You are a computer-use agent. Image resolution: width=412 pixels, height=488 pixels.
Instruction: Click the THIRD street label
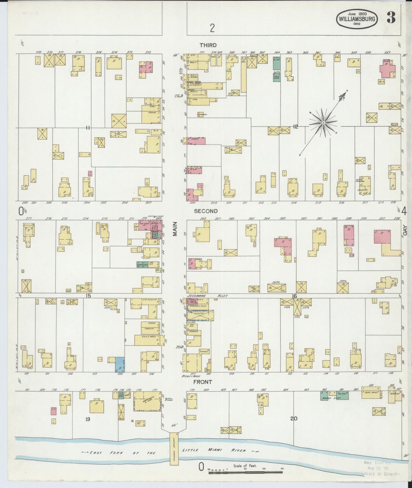tap(208, 45)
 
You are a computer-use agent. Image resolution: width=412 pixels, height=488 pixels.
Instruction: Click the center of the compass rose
tap(323, 123)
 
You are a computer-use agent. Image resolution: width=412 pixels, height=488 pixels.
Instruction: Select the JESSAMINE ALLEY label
tap(208, 296)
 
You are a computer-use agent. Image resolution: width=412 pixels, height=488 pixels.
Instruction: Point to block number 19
tap(88, 419)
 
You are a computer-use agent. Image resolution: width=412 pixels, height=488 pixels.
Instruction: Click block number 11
tap(88, 128)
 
